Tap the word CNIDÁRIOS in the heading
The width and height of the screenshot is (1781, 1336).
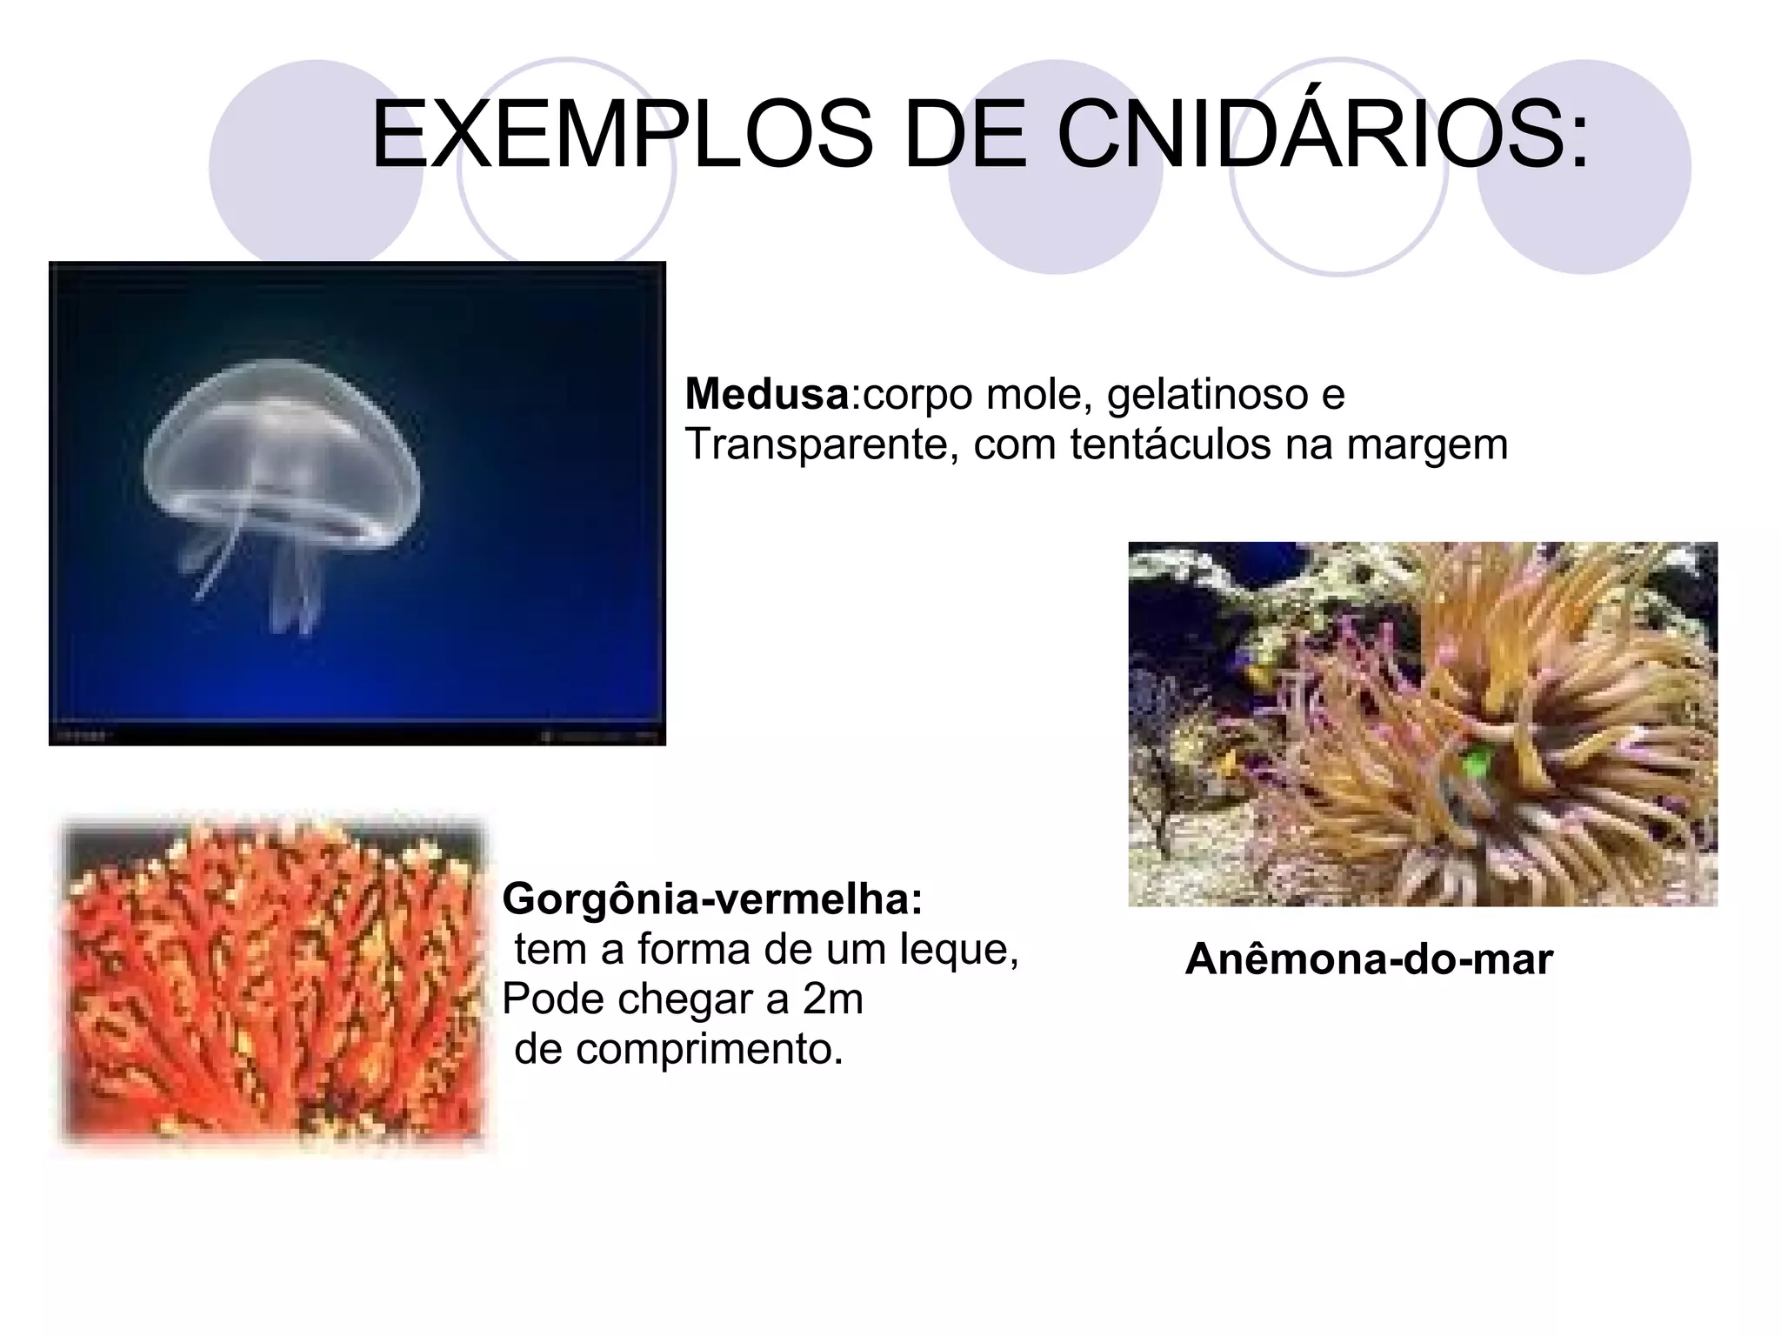[x=1322, y=136]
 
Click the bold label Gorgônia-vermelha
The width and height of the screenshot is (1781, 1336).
[x=711, y=898]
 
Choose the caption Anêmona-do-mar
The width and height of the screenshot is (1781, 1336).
[x=1368, y=959]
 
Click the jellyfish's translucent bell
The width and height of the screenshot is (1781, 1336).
[x=283, y=435]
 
